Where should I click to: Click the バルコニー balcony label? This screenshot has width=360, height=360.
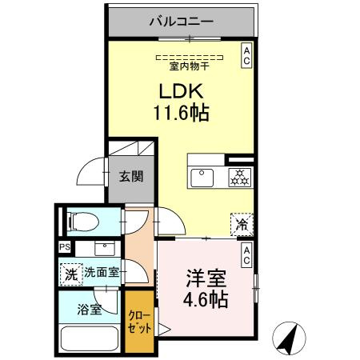(x=182, y=22)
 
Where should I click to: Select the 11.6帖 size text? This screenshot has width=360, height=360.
(x=181, y=113)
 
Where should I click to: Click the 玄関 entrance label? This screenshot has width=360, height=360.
(x=132, y=176)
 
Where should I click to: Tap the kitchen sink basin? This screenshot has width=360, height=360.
(x=201, y=176)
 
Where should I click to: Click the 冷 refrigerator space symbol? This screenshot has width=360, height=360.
(x=241, y=225)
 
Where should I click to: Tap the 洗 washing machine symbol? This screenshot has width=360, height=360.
(x=71, y=272)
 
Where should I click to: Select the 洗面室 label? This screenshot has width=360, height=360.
(x=102, y=272)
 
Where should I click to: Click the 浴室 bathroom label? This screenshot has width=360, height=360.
(x=90, y=308)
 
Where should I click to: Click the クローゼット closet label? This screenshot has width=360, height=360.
(x=140, y=322)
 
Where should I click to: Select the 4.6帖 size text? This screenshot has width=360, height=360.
(x=205, y=302)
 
